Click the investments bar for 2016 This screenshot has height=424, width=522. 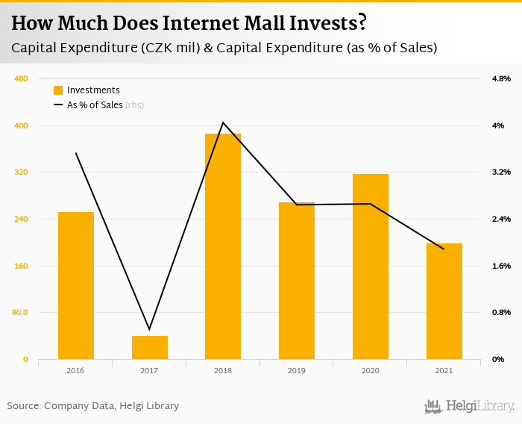(76, 285)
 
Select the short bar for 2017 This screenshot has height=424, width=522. (150, 347)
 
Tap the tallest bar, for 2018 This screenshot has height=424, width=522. (223, 246)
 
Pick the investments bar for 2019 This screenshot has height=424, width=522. (297, 281)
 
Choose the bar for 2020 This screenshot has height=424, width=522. (371, 266)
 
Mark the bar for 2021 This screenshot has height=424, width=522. (444, 301)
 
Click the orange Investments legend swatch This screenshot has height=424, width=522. (58, 90)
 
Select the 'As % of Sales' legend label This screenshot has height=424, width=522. (95, 105)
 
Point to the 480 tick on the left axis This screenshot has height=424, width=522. (22, 78)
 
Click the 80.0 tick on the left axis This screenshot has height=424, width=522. (20, 313)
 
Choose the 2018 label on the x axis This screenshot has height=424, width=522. (223, 370)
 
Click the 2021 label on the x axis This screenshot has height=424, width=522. (444, 370)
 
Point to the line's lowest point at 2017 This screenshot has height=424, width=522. (150, 329)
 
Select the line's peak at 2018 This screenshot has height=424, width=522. (223, 122)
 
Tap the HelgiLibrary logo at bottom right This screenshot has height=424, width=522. (470, 406)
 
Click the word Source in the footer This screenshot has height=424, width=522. (23, 406)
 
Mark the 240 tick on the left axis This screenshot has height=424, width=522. (22, 219)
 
